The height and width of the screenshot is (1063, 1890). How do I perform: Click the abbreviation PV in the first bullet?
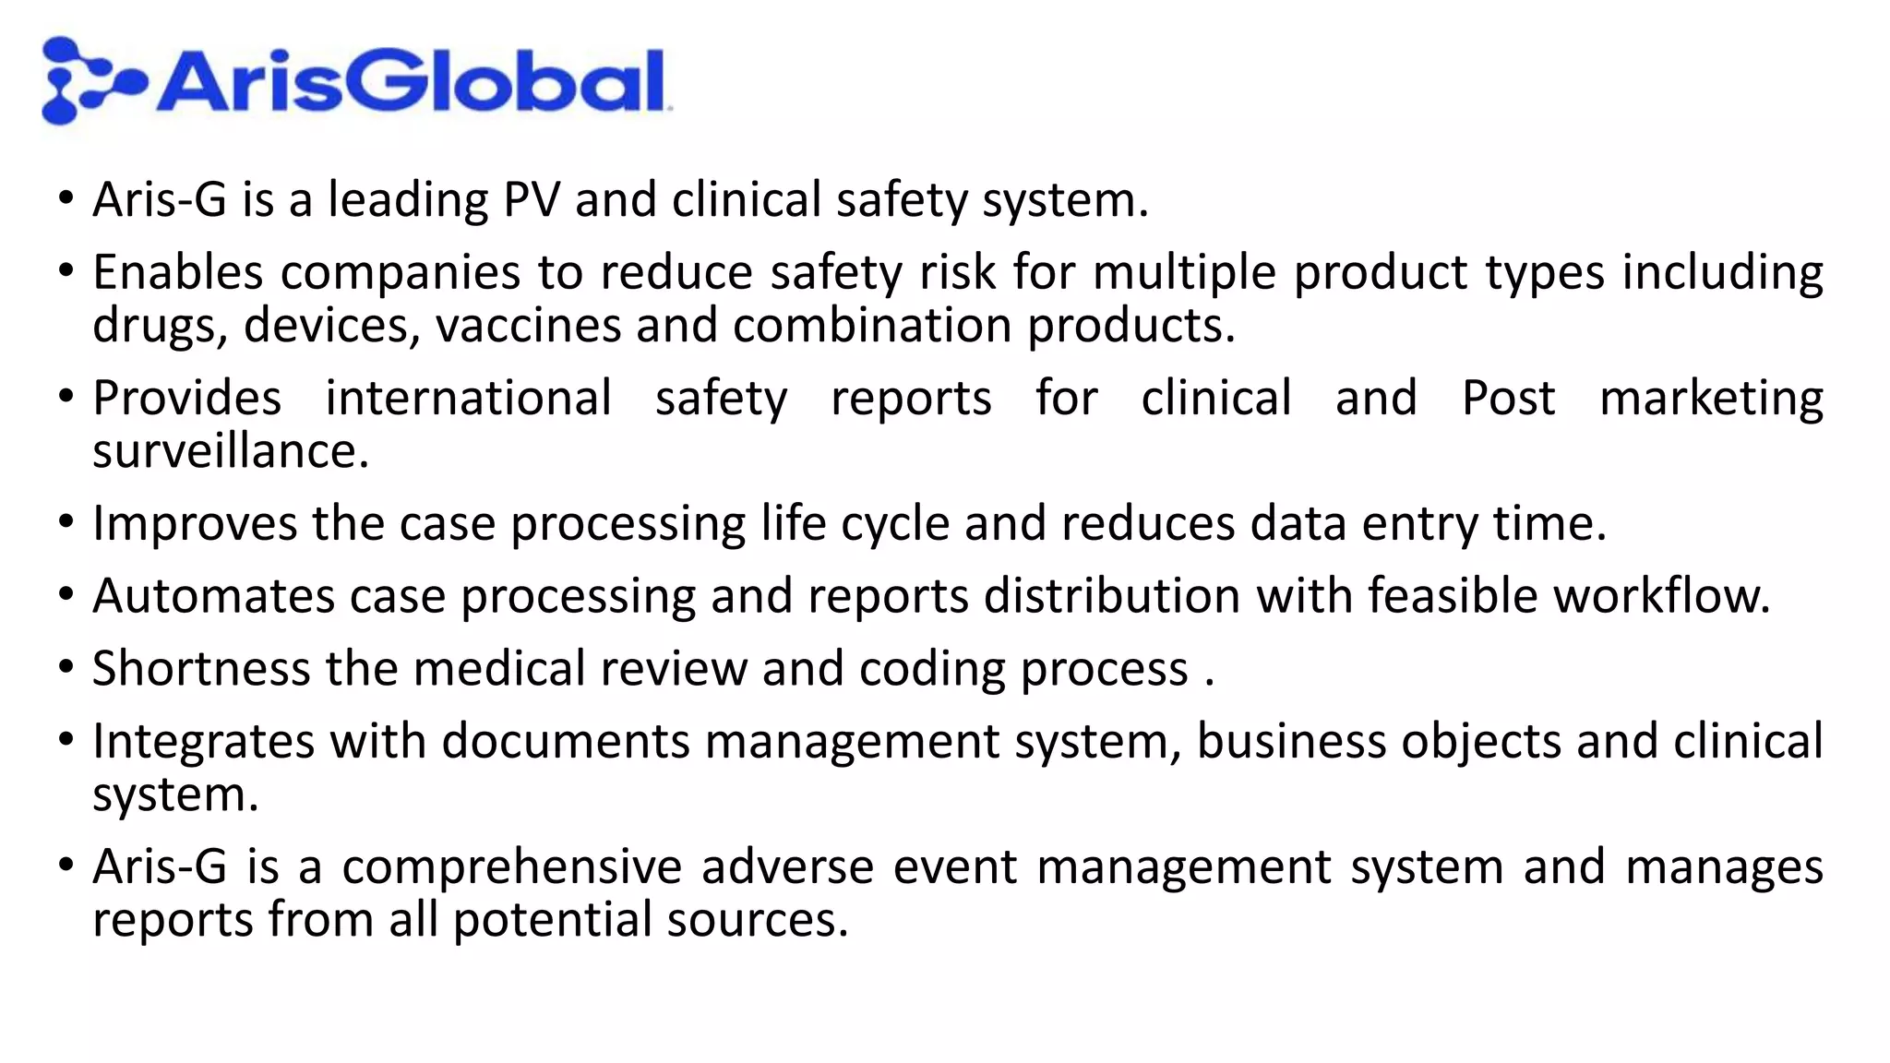click(532, 200)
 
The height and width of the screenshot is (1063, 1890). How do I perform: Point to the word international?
click(468, 399)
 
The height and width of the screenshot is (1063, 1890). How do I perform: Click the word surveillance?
click(230, 451)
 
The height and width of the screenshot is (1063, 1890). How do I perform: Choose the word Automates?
click(213, 596)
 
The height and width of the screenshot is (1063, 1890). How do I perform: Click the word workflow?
click(1661, 596)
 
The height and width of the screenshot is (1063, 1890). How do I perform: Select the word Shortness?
click(200, 669)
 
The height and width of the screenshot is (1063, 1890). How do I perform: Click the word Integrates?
click(203, 742)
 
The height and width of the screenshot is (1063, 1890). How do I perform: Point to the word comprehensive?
click(512, 867)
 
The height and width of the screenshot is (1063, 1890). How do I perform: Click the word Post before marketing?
click(1508, 399)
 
